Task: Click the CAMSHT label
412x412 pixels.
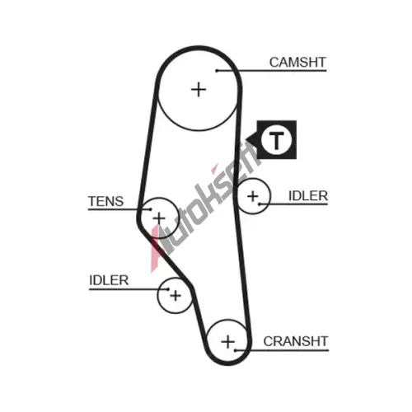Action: (x=297, y=63)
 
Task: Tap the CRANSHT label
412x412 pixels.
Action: (x=296, y=341)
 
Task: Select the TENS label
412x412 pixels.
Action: (x=105, y=201)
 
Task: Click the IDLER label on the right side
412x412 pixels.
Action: (x=308, y=196)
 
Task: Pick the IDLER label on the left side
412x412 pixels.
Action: (x=109, y=280)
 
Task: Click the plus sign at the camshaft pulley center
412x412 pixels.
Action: (x=199, y=90)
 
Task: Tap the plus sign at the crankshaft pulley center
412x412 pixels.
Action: (x=227, y=342)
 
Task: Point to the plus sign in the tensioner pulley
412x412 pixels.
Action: (x=159, y=218)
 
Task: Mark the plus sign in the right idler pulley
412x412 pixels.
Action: (x=253, y=196)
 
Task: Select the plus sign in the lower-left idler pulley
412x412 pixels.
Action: (x=176, y=296)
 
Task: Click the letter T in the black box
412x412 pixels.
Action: (x=276, y=140)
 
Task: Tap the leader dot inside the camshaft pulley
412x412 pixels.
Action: (x=217, y=71)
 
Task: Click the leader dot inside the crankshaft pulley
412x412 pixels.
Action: (x=236, y=350)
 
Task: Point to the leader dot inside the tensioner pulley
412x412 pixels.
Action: (x=150, y=209)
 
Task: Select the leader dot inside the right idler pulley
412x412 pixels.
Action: (x=260, y=204)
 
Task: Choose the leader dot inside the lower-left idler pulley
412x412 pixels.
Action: (x=168, y=289)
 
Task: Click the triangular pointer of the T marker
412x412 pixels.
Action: (x=251, y=140)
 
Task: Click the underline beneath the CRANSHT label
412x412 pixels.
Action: (x=282, y=350)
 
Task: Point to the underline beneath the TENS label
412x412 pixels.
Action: (x=119, y=209)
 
